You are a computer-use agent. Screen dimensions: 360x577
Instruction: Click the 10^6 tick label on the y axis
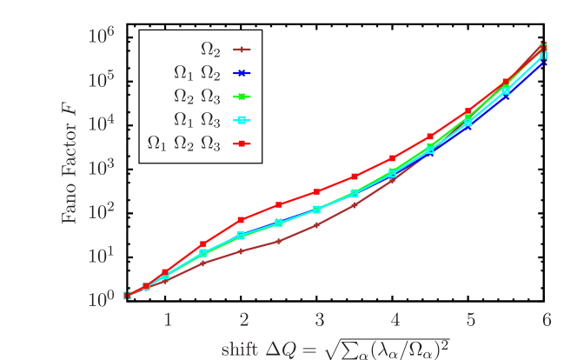(x=103, y=37)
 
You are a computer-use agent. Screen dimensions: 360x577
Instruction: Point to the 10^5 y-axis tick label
(x=103, y=80)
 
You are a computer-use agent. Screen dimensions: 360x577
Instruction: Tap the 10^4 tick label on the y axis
(x=103, y=123)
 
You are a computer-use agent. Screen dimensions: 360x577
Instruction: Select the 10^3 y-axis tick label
(x=103, y=167)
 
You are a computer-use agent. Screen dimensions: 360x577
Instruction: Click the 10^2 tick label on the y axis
(x=103, y=211)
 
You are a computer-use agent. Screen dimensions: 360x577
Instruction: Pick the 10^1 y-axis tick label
(x=103, y=255)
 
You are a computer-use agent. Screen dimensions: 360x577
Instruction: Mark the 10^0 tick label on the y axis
(x=103, y=299)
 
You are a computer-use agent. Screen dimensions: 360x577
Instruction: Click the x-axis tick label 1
(x=168, y=320)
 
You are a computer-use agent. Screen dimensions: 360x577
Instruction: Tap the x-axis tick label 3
(x=319, y=320)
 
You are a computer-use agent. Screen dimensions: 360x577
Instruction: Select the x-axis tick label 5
(x=470, y=320)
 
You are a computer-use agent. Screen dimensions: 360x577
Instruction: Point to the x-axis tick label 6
(x=546, y=320)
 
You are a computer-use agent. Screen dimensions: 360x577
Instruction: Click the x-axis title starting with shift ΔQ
(x=335, y=347)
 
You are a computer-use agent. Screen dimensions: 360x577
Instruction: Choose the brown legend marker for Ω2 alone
(x=243, y=50)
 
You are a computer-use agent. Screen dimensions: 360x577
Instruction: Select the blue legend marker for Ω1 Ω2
(x=243, y=73)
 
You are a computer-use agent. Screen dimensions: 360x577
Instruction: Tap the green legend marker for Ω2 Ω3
(x=243, y=96)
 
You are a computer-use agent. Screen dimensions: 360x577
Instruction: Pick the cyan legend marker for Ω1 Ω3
(x=243, y=119)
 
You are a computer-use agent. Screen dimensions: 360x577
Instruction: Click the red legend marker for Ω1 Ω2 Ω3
(x=243, y=143)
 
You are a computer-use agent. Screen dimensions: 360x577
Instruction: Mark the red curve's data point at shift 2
(x=242, y=220)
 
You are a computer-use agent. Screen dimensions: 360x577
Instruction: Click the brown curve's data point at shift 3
(x=318, y=224)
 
